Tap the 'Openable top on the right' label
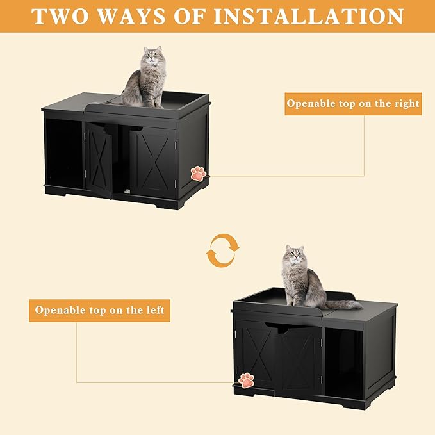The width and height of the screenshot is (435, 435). (353, 103)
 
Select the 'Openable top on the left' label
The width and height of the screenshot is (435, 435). (99, 310)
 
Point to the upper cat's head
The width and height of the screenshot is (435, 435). (151, 58)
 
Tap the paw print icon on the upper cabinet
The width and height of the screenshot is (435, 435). (199, 173)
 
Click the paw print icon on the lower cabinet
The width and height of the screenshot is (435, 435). (246, 380)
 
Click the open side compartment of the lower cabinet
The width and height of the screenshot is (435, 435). (343, 363)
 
